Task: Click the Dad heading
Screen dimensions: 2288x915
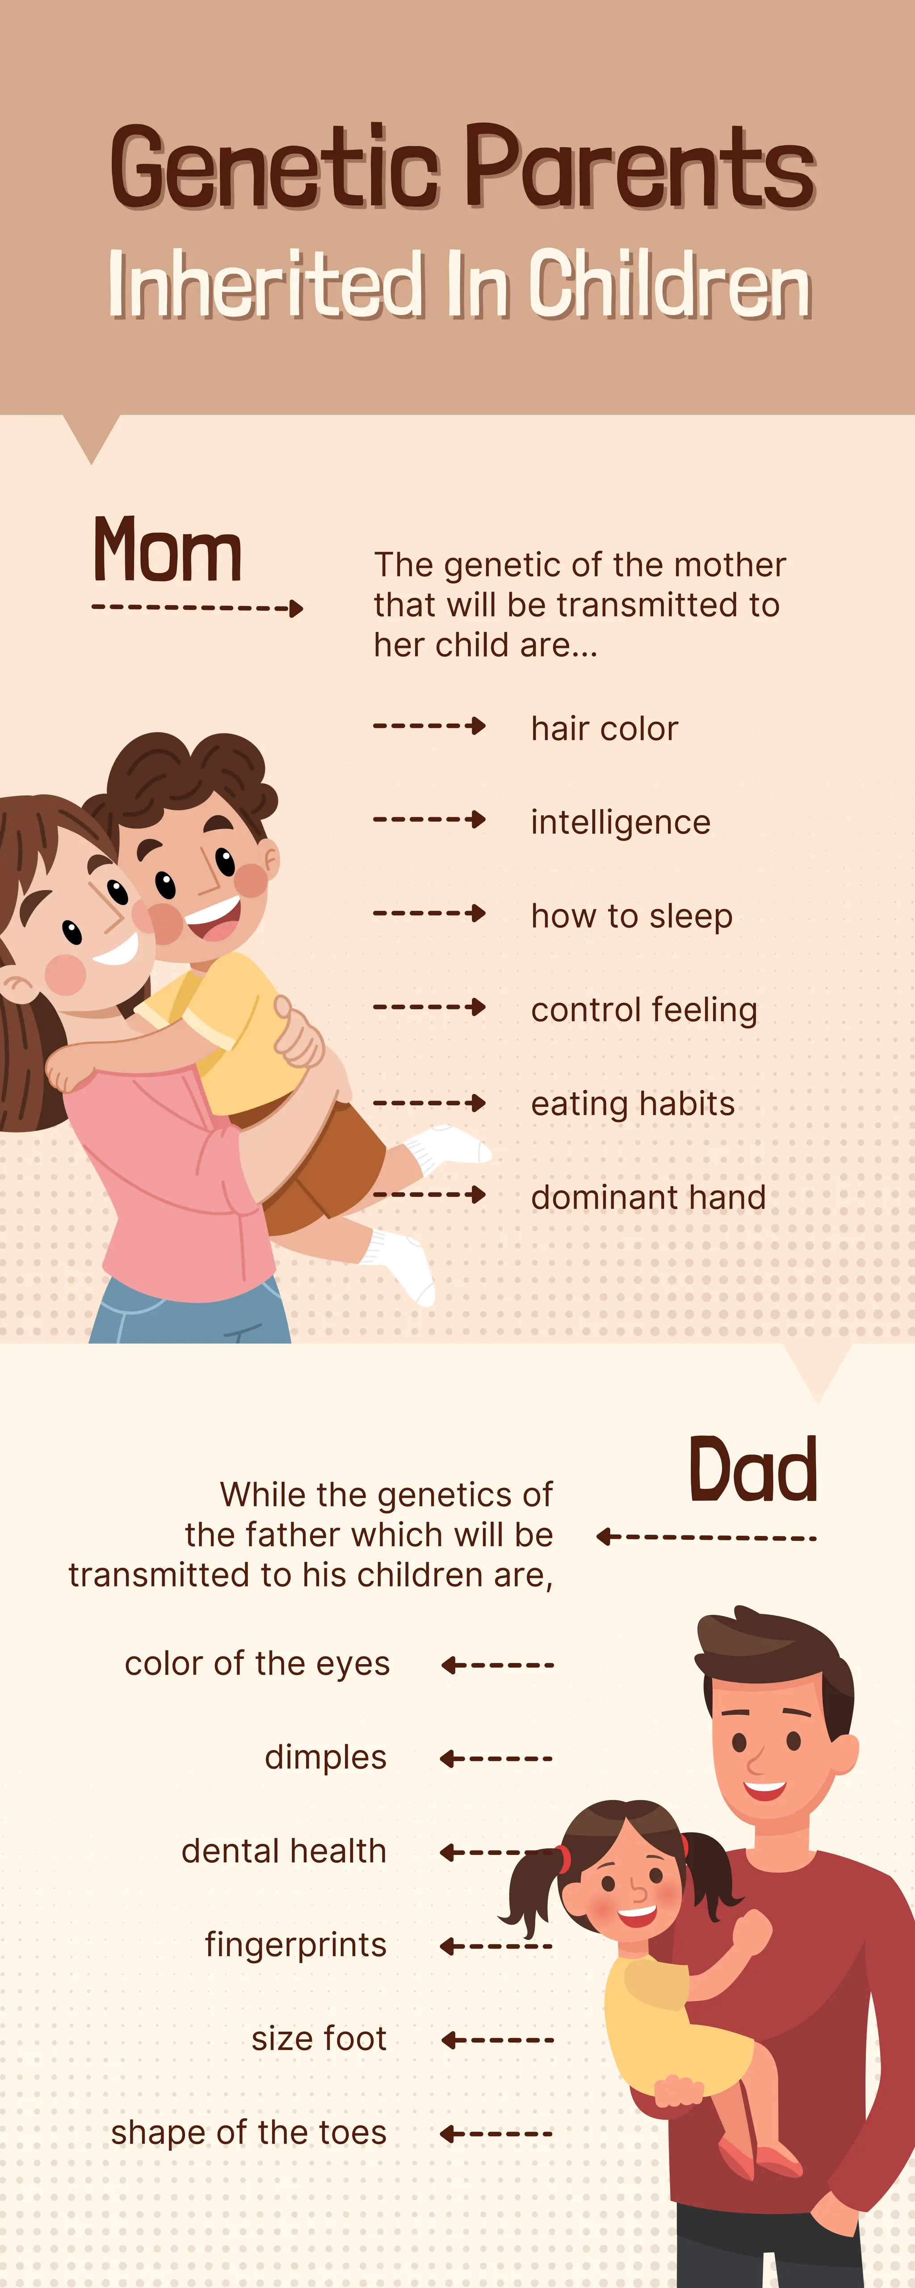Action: click(752, 1471)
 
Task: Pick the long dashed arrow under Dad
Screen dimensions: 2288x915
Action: click(706, 1537)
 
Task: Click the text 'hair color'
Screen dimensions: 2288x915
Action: click(604, 728)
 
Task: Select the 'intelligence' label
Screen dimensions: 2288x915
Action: click(620, 822)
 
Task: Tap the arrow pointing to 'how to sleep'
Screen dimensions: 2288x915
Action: click(429, 913)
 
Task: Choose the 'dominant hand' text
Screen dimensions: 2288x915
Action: click(648, 1197)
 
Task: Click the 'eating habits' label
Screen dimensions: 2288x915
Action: click(633, 1103)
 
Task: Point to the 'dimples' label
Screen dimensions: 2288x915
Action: click(325, 1757)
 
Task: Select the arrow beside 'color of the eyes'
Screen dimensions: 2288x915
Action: click(497, 1665)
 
